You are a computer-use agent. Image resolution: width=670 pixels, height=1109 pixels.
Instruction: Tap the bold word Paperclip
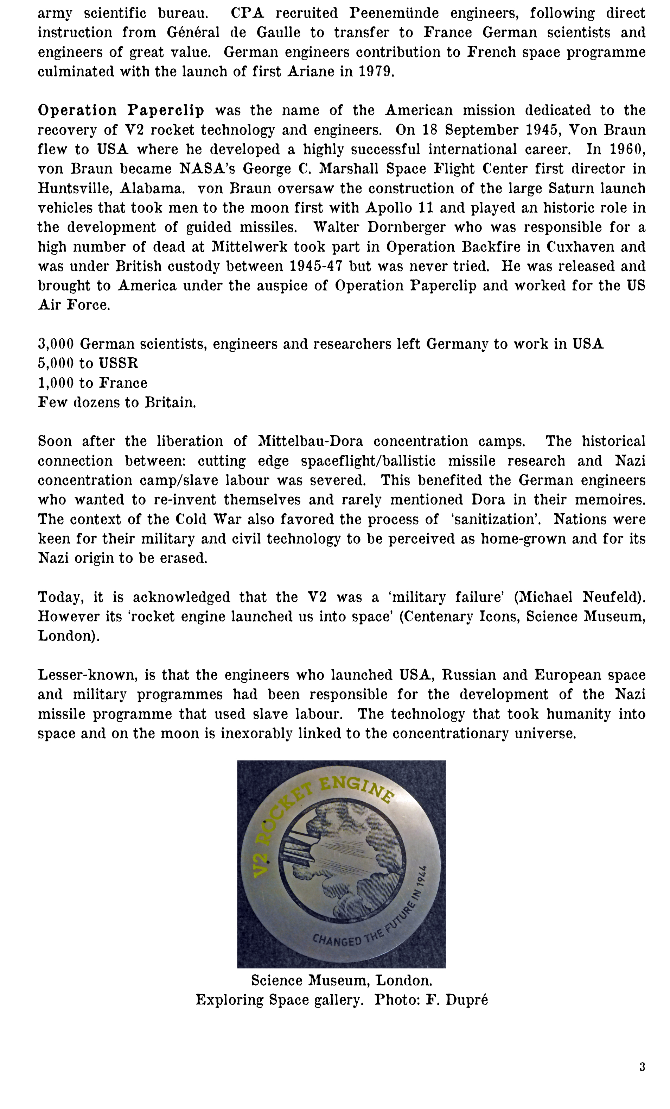pyautogui.click(x=165, y=111)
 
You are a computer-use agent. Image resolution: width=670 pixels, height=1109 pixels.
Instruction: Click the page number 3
pyautogui.click(x=642, y=1067)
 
